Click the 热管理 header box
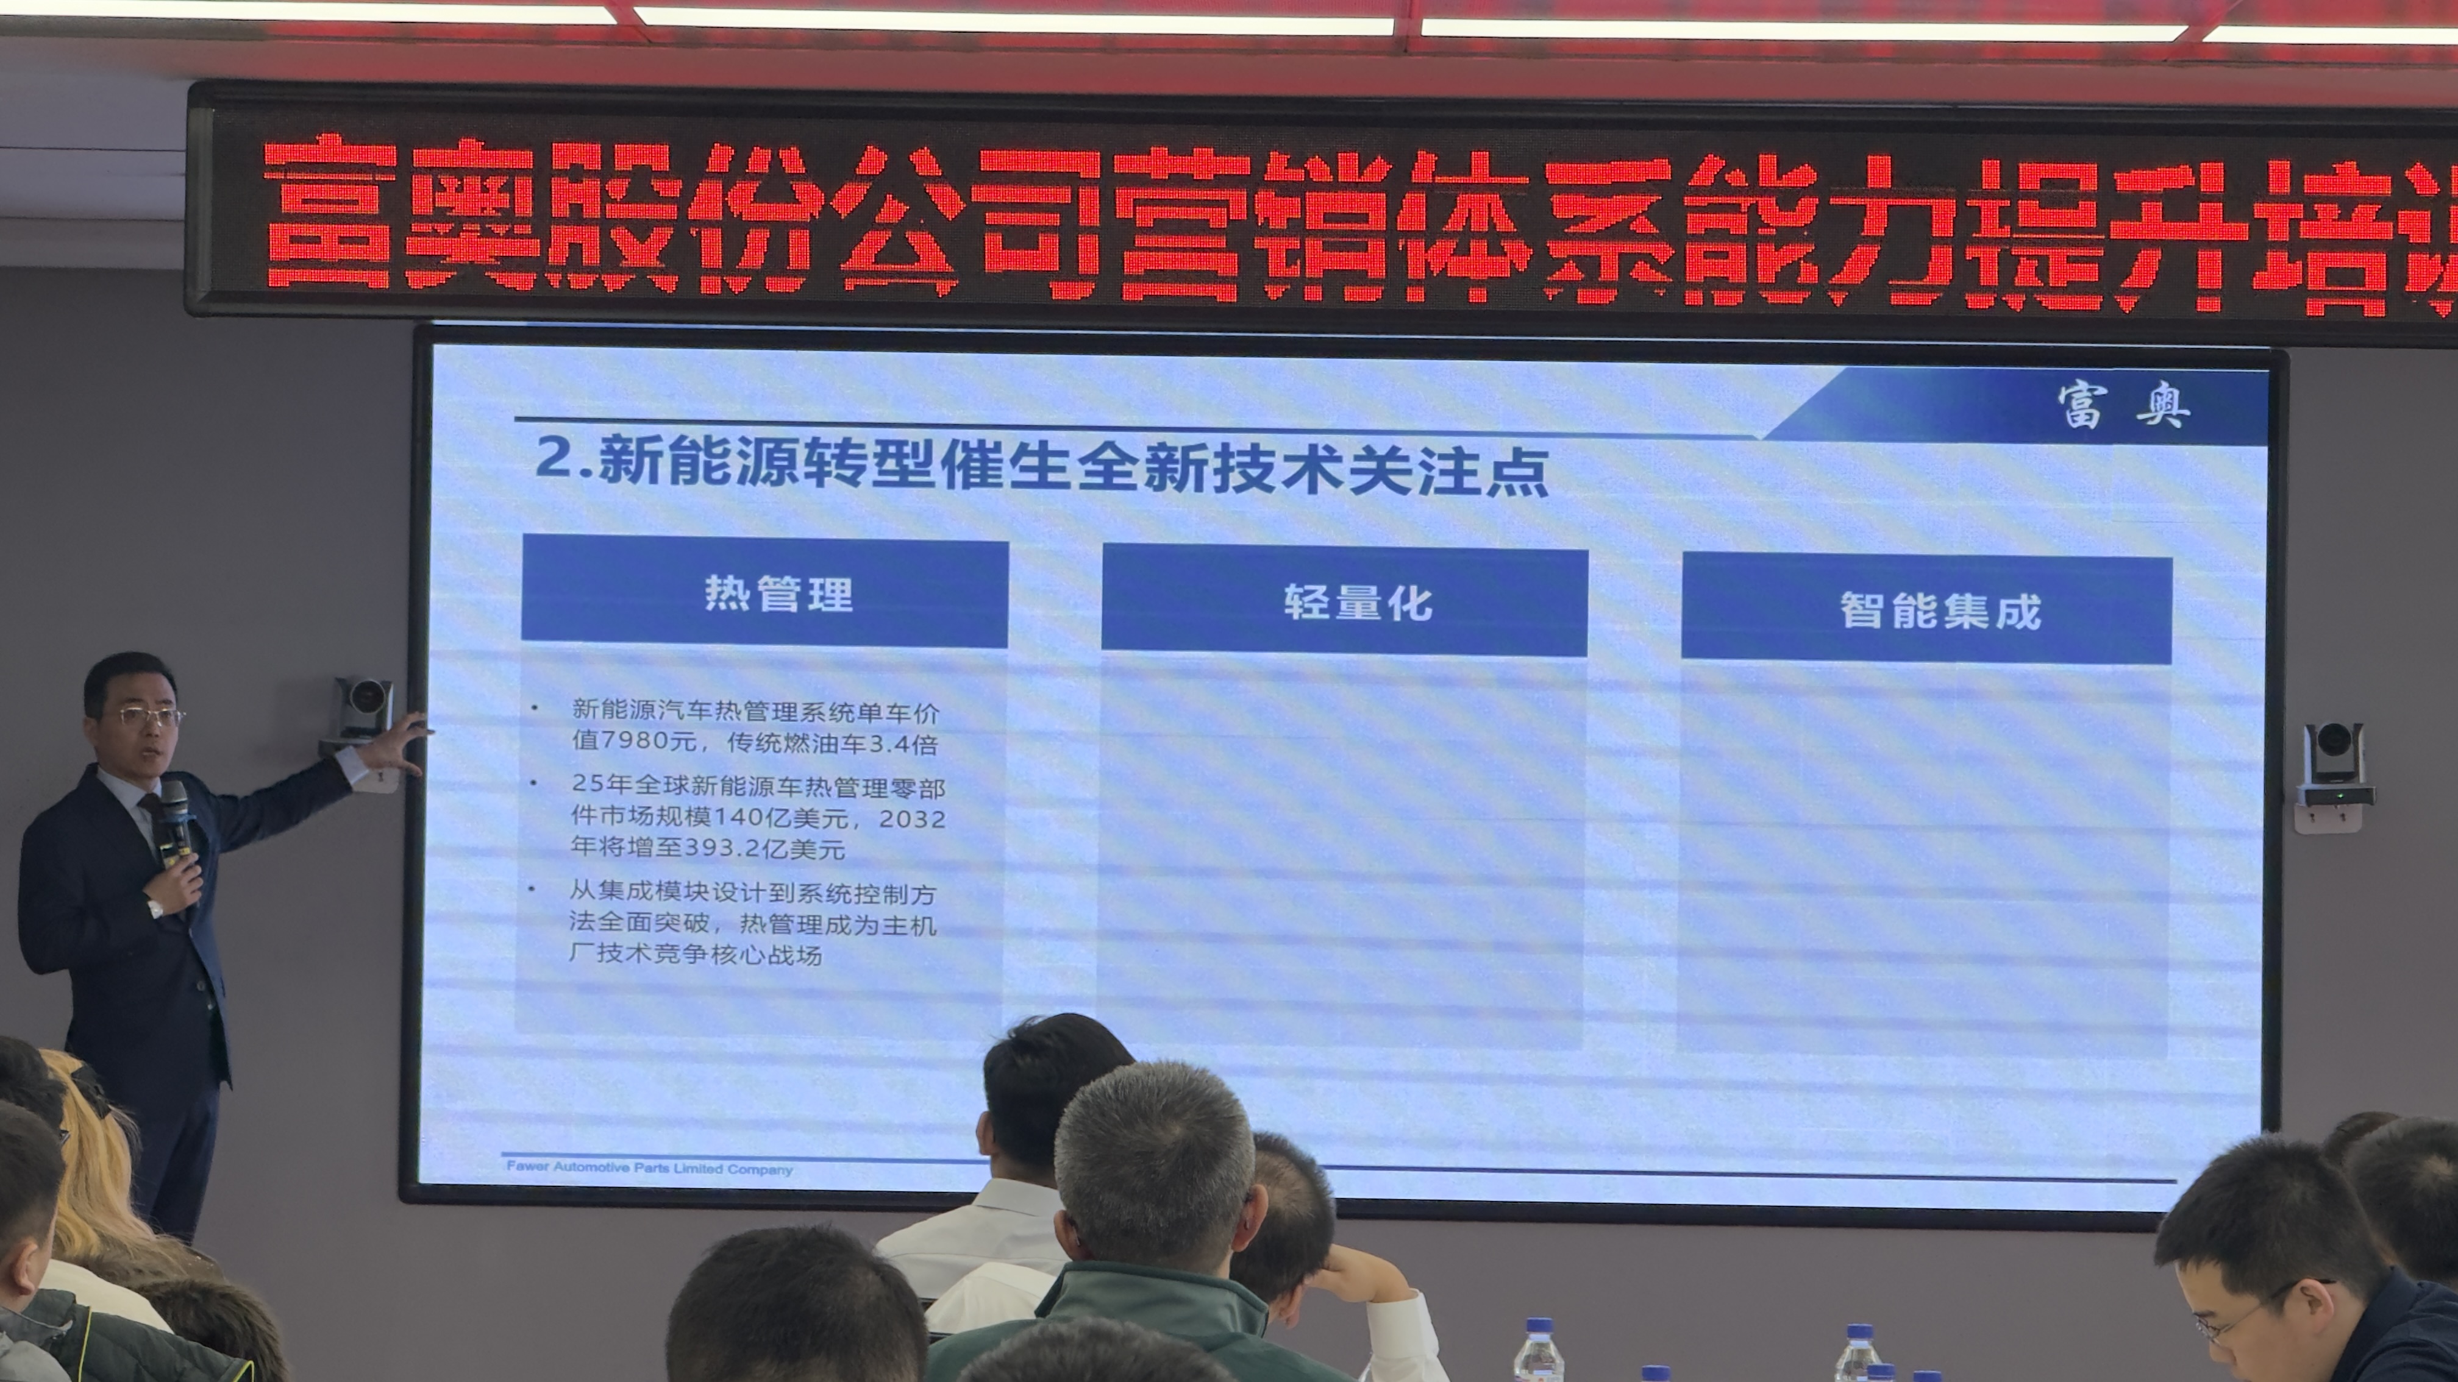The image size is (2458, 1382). coord(764,592)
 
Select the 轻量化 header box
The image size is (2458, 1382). coord(1344,601)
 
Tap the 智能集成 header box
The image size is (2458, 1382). coord(1926,609)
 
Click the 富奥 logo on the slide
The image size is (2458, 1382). coord(2123,405)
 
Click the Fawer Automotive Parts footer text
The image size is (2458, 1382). coord(649,1168)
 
